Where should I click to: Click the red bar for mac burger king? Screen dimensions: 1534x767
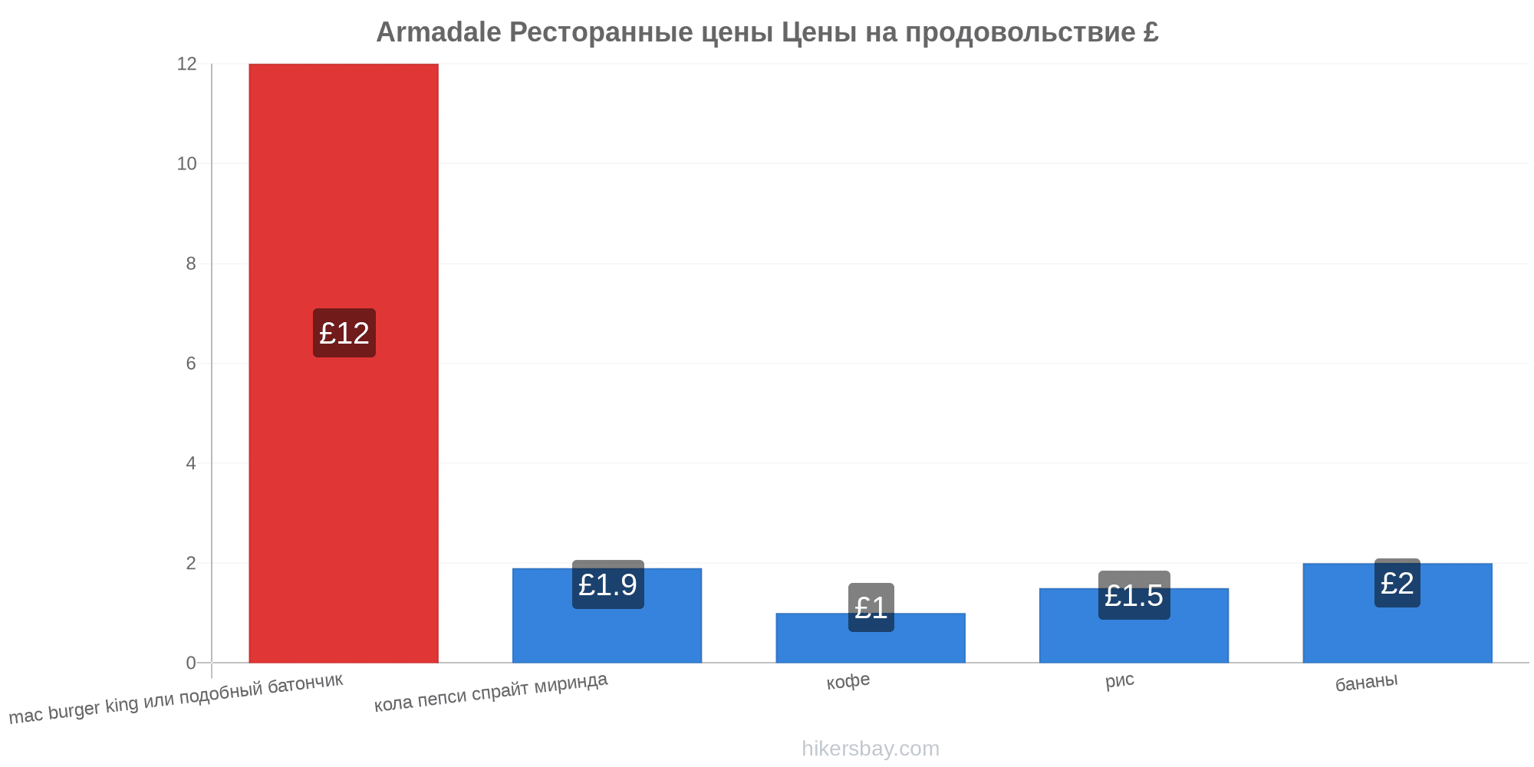click(x=344, y=363)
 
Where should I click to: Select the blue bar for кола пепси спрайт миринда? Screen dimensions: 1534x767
click(x=607, y=615)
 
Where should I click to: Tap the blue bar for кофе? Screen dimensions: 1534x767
click(x=871, y=637)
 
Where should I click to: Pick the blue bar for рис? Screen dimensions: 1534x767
click(x=1134, y=625)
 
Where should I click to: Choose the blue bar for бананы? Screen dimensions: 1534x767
click(x=1397, y=613)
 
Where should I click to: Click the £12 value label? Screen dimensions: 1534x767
click(x=344, y=333)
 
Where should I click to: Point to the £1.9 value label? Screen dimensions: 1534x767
click(x=608, y=584)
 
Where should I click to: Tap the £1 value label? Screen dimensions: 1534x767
click(x=871, y=607)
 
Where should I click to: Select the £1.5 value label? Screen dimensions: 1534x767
click(x=1134, y=595)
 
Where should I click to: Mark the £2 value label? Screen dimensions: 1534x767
click(x=1397, y=583)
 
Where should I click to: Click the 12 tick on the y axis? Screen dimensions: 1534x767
click(x=186, y=64)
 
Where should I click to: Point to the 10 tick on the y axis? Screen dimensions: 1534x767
click(x=186, y=163)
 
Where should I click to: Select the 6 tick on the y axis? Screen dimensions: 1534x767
click(x=191, y=364)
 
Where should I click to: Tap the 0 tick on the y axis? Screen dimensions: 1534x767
click(x=191, y=663)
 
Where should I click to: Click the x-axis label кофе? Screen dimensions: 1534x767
click(x=848, y=681)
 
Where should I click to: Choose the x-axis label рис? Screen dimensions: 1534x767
click(x=1120, y=680)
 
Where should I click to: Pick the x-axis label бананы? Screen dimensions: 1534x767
click(x=1367, y=682)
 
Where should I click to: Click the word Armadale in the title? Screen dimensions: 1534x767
click(x=439, y=32)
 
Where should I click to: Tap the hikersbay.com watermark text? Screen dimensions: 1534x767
click(x=871, y=749)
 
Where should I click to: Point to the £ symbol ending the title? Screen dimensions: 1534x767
click(x=1150, y=32)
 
